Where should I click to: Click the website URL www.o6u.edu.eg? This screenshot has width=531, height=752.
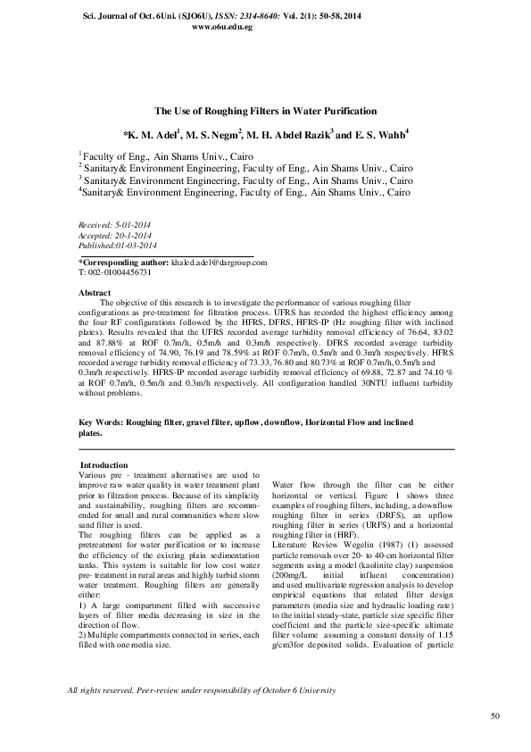(x=222, y=28)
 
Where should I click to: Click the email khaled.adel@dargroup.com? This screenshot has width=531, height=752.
(x=219, y=263)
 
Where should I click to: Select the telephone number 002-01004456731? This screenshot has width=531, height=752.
(x=119, y=272)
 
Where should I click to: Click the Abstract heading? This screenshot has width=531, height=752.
(x=95, y=293)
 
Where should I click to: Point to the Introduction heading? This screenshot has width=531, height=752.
(x=104, y=465)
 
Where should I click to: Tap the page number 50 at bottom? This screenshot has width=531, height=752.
(x=495, y=716)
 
